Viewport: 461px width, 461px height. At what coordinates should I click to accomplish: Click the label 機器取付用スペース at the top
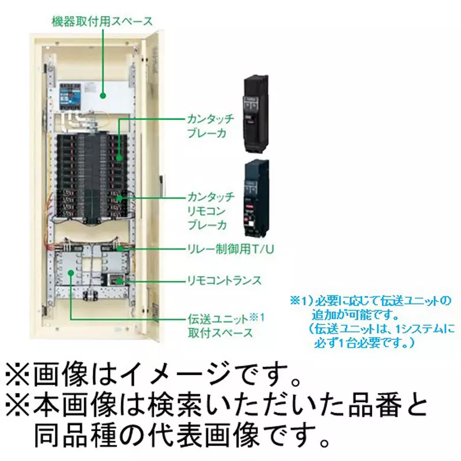pos(101,22)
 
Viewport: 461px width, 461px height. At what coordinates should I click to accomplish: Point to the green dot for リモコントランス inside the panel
pos(120,281)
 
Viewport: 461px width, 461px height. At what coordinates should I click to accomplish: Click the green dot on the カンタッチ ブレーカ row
pos(120,156)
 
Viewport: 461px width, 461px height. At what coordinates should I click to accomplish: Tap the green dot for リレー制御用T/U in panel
pos(120,249)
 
